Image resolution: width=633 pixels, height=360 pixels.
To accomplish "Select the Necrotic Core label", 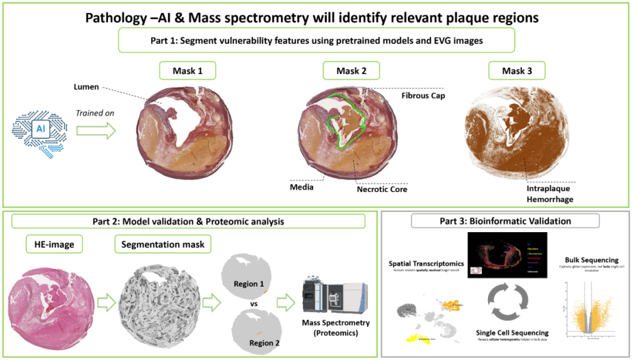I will tap(382, 189).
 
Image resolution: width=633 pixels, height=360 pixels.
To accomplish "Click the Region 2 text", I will tap(266, 343).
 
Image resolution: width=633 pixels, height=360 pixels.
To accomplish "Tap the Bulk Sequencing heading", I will tap(591, 259).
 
